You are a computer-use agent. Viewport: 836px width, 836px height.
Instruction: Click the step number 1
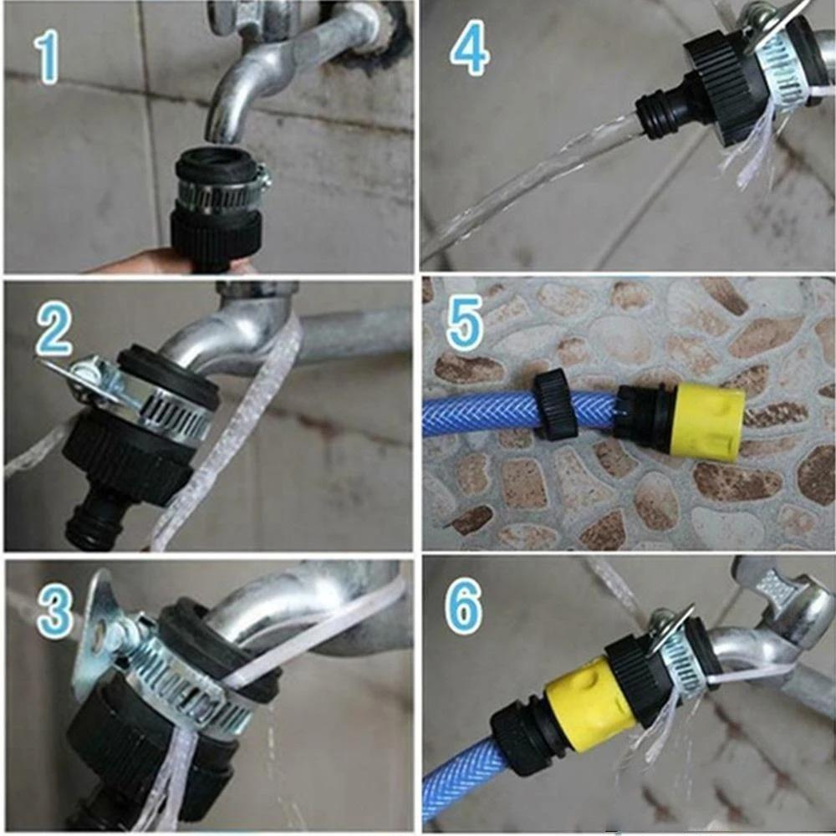48,57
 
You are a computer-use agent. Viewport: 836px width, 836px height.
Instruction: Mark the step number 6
464,612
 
